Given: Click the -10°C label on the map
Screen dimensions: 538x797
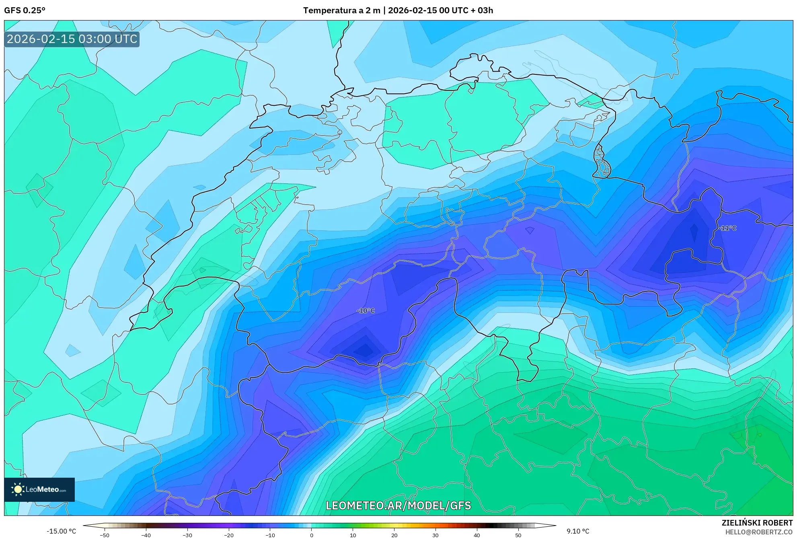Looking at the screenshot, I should pos(366,311).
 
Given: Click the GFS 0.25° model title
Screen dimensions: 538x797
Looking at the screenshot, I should pos(25,10).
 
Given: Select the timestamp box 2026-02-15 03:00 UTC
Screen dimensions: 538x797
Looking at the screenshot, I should pos(72,39).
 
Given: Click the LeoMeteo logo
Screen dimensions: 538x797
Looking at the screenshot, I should pos(39,489).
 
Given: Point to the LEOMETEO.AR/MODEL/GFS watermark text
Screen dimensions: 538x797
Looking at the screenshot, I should pos(398,505).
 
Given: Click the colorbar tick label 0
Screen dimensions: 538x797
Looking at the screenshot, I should pos(311,535).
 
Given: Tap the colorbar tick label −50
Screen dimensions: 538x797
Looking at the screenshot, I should pos(104,535).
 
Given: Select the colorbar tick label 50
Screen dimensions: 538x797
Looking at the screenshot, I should pos(518,535).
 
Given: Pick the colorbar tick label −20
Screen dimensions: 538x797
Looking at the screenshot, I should pos(228,535).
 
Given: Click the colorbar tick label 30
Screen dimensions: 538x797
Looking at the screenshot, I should pos(435,535).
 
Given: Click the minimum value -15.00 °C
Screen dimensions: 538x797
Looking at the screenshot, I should pos(61,531).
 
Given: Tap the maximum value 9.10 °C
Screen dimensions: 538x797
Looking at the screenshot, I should pos(578,531).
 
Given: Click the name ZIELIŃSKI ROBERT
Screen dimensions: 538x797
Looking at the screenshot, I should pos(757,523).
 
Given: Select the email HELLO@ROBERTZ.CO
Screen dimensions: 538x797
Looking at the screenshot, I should pos(759,532).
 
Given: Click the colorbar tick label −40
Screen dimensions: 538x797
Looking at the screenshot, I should pos(146,535).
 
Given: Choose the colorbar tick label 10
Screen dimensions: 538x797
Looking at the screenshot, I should pos(353,535).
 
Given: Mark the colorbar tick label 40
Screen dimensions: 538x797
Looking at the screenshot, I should pos(477,535).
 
